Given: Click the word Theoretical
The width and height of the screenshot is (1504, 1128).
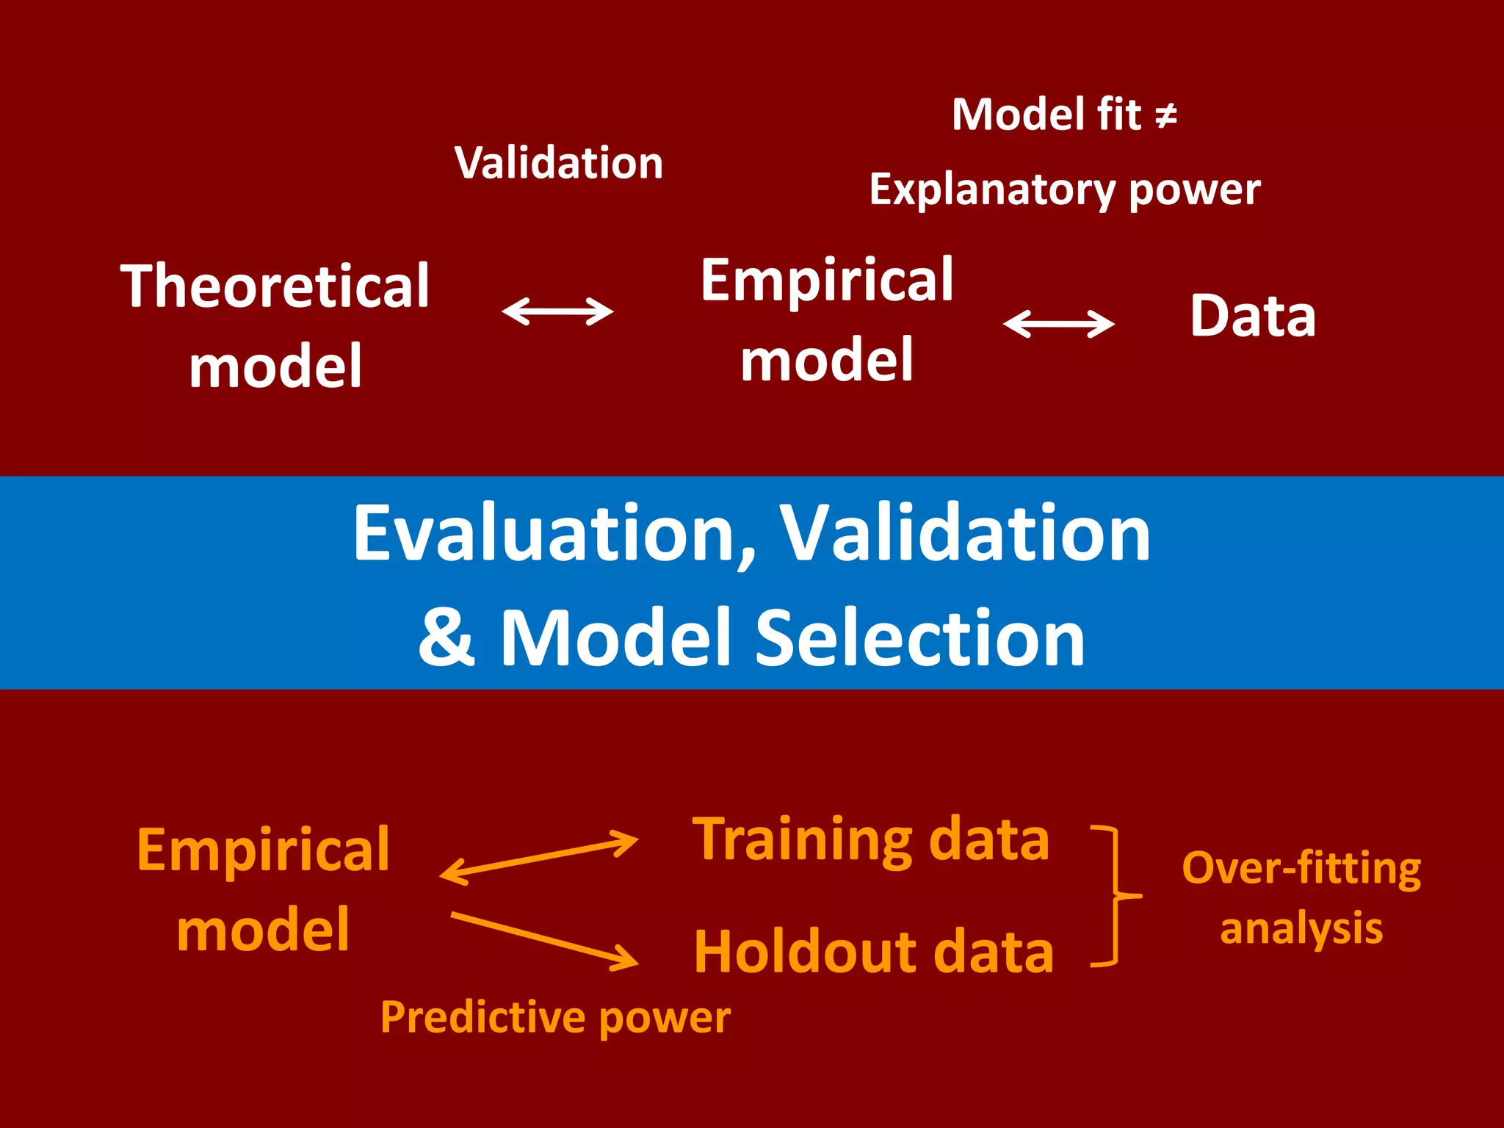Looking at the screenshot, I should point(275,286).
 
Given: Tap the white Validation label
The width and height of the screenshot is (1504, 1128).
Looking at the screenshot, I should point(559,162).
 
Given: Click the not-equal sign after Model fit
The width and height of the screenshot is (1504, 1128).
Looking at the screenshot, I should point(1166,115).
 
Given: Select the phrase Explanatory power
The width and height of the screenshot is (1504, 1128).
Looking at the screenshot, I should point(1065,190).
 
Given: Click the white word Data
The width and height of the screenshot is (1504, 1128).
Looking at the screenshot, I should point(1253,316).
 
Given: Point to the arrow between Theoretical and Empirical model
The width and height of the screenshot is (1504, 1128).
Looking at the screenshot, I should point(557,311).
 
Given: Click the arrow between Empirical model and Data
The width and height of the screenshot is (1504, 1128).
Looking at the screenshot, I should point(1059,323).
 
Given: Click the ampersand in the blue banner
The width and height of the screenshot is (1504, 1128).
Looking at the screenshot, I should point(446,637).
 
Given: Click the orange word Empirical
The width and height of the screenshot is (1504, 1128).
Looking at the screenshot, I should point(263,850).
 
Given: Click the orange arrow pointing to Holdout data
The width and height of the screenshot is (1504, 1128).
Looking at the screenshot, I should point(544,940).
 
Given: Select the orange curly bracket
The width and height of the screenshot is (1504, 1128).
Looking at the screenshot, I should point(1116,896).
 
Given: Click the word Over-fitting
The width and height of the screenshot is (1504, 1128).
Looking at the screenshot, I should point(1301,868).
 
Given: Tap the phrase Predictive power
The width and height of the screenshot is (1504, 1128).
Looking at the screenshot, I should point(555,1018).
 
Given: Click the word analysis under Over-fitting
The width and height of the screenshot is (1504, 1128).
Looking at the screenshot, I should point(1301,928).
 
